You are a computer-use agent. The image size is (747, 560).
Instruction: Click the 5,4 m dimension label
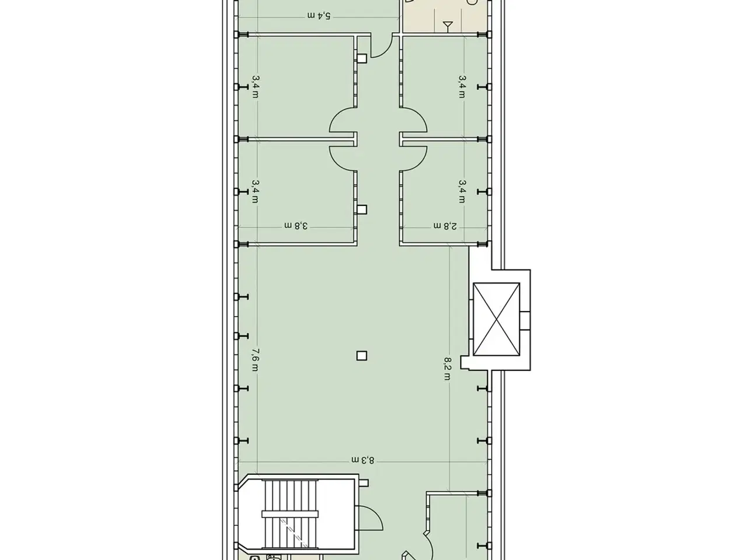click(x=319, y=16)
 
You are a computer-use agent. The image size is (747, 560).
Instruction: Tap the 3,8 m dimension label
click(x=296, y=226)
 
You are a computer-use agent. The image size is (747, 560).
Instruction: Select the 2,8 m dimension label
click(x=445, y=226)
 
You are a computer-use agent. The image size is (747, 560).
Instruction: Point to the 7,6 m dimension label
click(x=255, y=360)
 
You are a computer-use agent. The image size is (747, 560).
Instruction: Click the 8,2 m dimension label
click(x=448, y=369)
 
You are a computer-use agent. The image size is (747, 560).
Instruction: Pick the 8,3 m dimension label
click(x=363, y=460)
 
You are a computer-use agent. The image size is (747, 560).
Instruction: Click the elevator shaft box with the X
click(x=497, y=319)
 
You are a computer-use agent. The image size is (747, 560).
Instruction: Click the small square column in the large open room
click(x=362, y=356)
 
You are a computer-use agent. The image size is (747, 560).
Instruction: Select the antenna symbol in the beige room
click(x=448, y=26)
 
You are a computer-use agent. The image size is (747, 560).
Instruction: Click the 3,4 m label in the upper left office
click(x=255, y=87)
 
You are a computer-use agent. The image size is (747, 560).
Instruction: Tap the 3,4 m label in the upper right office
click(x=462, y=87)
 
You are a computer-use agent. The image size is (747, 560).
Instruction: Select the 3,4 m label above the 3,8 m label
click(x=255, y=191)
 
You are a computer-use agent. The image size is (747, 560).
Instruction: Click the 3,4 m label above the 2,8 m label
click(x=462, y=191)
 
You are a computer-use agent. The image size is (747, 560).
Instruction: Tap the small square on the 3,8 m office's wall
click(x=362, y=209)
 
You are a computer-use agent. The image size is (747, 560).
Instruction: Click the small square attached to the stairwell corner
click(x=364, y=483)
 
